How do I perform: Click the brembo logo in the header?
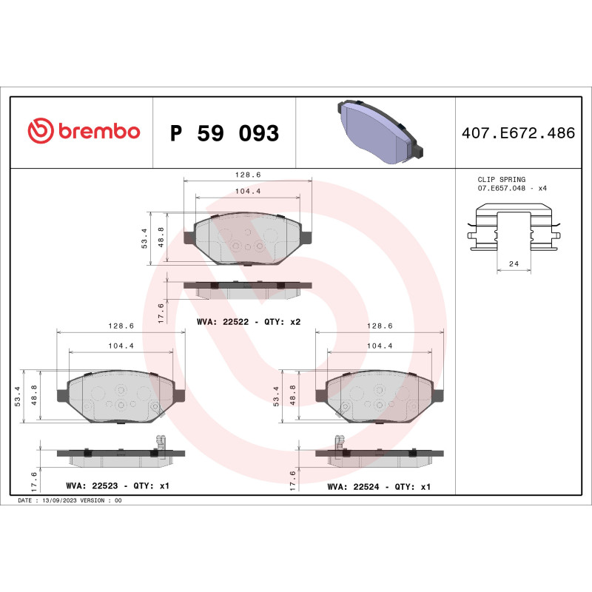click(84, 132)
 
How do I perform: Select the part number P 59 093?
click(224, 134)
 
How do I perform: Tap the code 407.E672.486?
click(517, 134)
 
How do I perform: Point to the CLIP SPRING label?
click(502, 180)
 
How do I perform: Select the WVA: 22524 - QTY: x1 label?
click(378, 488)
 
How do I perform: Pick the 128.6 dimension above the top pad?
click(247, 175)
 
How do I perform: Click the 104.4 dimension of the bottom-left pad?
click(121, 346)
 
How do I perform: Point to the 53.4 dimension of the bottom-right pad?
click(276, 396)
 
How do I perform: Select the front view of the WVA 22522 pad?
click(247, 238)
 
